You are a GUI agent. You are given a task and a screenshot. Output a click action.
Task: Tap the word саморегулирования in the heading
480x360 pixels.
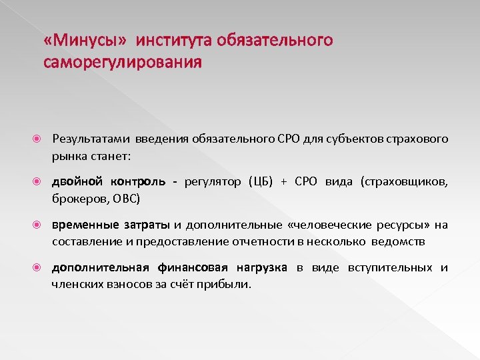click(x=122, y=63)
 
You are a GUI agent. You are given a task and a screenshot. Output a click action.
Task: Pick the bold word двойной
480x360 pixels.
click(x=78, y=183)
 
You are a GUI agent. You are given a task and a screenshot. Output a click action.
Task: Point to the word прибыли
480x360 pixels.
click(x=230, y=284)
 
